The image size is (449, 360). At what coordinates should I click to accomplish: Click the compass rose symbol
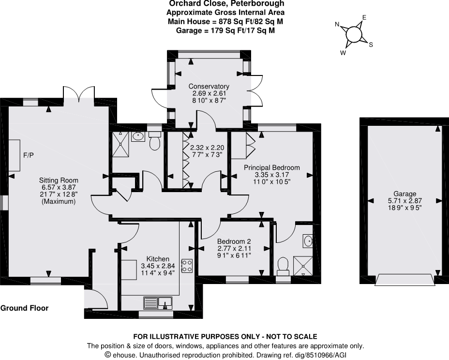coord(354,34)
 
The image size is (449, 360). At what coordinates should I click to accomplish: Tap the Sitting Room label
coord(58,180)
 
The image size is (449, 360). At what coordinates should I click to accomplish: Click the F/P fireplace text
coord(29,155)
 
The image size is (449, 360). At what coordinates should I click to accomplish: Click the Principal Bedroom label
coord(271,167)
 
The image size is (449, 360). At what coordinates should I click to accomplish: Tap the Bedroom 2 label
coord(234,241)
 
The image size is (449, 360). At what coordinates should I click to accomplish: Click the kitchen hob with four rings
coord(187,265)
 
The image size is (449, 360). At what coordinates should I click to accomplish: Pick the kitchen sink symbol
coord(158,303)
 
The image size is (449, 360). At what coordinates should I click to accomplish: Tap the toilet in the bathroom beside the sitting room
coord(155,141)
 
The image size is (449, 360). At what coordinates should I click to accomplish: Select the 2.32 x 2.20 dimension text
coord(207,148)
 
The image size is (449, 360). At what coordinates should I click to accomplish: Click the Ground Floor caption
coord(24,308)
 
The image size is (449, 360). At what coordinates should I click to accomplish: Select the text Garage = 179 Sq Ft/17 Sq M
coord(225,30)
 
